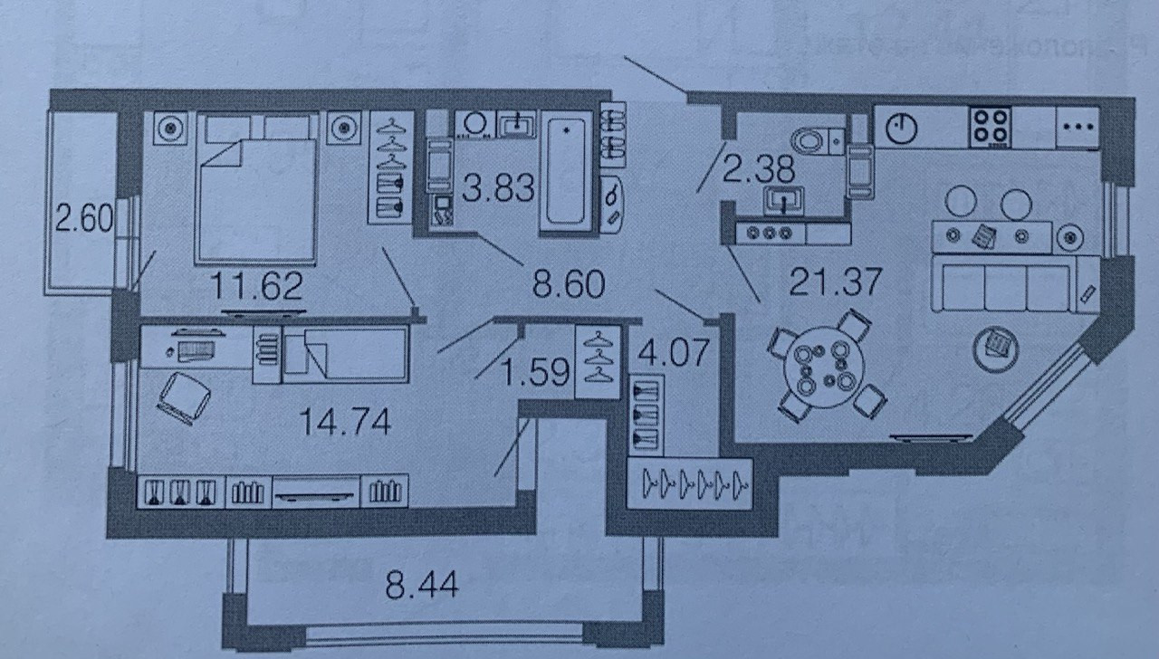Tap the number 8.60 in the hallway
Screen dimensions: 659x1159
tap(569, 285)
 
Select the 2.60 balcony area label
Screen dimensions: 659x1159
tap(82, 219)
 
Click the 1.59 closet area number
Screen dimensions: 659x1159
tap(536, 371)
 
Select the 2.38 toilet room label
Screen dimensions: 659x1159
tap(759, 167)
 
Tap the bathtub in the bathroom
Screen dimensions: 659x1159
tap(568, 171)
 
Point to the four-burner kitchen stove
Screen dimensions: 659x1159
tap(990, 127)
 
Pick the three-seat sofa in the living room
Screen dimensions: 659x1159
tap(1005, 284)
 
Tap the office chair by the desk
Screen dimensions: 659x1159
tap(184, 397)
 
